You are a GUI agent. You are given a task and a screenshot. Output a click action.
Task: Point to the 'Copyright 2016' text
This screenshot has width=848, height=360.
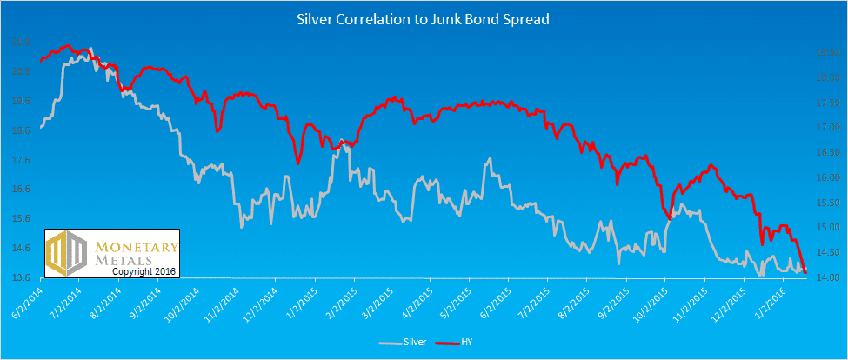(x=144, y=271)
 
